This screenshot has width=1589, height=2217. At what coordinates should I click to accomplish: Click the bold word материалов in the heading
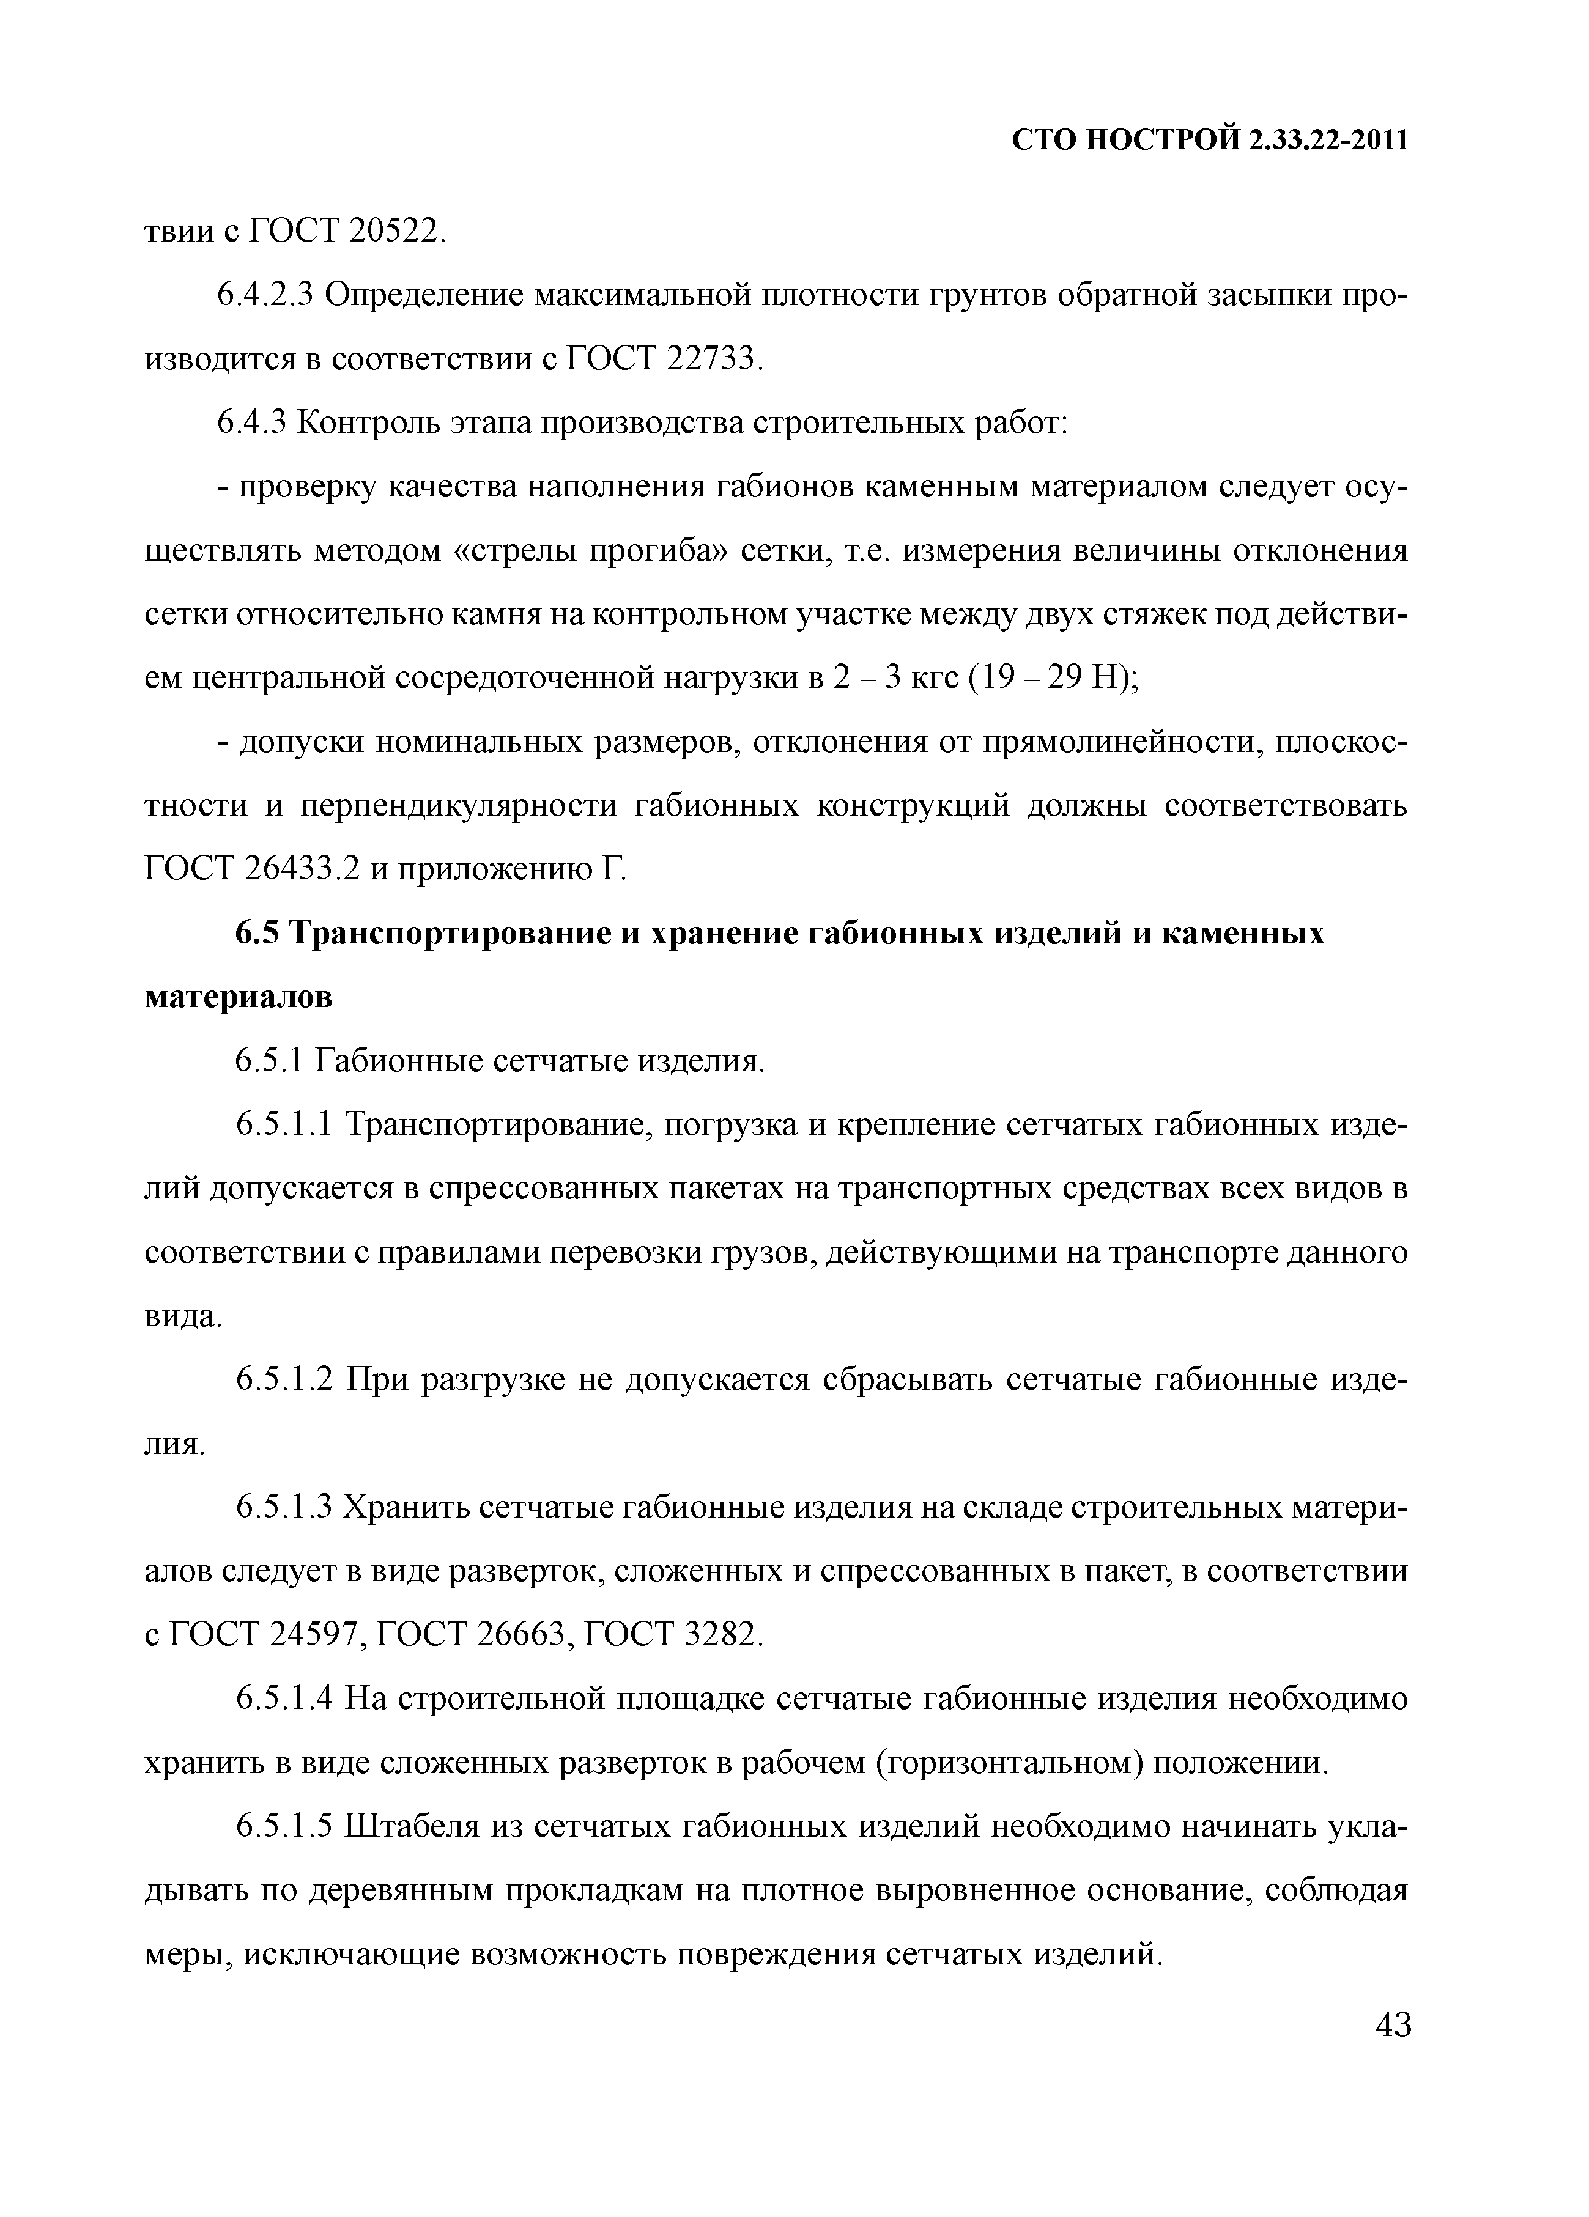[239, 998]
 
